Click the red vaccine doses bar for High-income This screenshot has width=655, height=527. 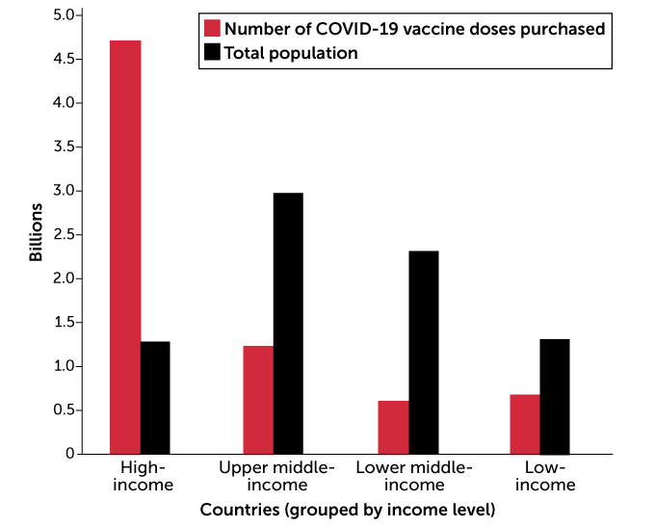(x=125, y=247)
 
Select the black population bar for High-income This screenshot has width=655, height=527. (x=155, y=397)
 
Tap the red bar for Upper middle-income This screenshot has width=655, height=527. (x=258, y=400)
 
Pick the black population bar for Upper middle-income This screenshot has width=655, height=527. (x=288, y=323)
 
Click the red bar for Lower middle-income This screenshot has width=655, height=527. (x=393, y=427)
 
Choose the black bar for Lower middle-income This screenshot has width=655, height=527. (x=423, y=352)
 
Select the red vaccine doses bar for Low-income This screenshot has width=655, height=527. (x=525, y=424)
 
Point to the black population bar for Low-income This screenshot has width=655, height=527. (x=555, y=396)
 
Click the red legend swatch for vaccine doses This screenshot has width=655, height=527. (x=212, y=29)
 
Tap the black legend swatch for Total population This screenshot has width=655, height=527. (x=212, y=53)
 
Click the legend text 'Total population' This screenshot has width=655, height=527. (x=290, y=53)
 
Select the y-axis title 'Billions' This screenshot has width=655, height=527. (x=36, y=232)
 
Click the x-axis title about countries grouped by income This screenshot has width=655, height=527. (x=347, y=508)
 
